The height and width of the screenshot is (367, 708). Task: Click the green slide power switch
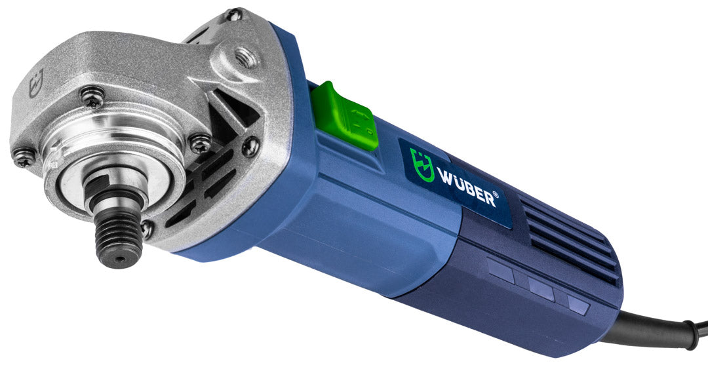point(345,117)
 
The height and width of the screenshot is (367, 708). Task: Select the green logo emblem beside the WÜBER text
point(421,164)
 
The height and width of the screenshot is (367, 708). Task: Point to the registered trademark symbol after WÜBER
point(496,195)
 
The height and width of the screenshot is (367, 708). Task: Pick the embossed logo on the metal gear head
point(36,83)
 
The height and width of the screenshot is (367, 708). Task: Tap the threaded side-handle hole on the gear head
point(246,57)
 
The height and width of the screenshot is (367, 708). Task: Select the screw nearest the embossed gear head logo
point(92,96)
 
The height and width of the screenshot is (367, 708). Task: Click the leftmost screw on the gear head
point(24,157)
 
